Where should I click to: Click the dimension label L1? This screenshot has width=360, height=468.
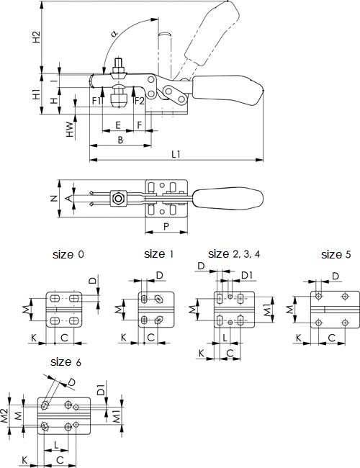click(175, 154)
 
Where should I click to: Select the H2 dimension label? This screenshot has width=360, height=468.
click(36, 37)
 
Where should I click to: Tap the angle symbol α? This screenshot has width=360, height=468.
click(114, 33)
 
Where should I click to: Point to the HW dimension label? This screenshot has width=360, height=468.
click(69, 129)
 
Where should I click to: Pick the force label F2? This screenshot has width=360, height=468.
click(139, 101)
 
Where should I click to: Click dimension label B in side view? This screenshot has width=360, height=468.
click(120, 139)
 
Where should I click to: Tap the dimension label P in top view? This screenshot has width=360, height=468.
click(166, 225)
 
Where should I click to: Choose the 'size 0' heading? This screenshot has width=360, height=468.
click(68, 255)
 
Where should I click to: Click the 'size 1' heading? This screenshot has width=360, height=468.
click(158, 254)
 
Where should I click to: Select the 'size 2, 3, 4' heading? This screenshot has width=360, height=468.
click(234, 254)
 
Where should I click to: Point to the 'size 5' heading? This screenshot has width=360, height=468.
click(336, 255)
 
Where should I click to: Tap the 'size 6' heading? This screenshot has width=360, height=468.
click(66, 361)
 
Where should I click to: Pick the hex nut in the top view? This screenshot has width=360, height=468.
click(118, 197)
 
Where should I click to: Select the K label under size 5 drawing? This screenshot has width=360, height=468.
click(299, 337)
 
